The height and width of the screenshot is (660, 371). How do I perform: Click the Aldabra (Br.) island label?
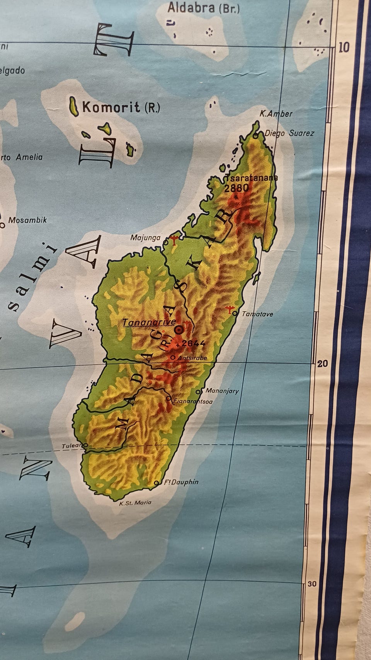pyautogui.click(x=203, y=8)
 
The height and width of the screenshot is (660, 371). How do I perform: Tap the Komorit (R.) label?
pyautogui.click(x=121, y=107)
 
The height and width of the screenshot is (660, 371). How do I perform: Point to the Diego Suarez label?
pyautogui.click(x=289, y=133)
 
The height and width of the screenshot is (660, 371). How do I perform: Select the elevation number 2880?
pyautogui.click(x=237, y=188)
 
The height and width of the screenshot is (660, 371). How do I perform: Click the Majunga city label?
pyautogui.click(x=145, y=237)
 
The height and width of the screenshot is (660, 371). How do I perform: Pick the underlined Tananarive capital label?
pyautogui.click(x=149, y=322)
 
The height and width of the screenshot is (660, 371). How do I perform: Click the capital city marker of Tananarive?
pyautogui.click(x=179, y=330)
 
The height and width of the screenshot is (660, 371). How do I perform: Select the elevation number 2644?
pyautogui.click(x=193, y=343)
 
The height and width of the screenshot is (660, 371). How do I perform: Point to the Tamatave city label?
pyautogui.click(x=257, y=314)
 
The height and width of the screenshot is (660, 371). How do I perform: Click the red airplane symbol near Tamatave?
pyautogui.click(x=230, y=309)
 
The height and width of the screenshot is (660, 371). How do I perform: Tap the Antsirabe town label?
pyautogui.click(x=192, y=358)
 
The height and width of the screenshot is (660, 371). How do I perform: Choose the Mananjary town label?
pyautogui.click(x=222, y=391)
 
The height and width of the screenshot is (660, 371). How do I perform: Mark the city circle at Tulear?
pyautogui.click(x=85, y=445)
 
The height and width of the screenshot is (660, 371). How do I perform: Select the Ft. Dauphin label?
pyautogui.click(x=181, y=482)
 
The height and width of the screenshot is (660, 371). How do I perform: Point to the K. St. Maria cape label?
pyautogui.click(x=135, y=503)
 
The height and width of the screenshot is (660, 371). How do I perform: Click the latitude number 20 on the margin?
pyautogui.click(x=323, y=363)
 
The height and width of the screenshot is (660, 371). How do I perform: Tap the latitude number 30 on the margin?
pyautogui.click(x=312, y=584)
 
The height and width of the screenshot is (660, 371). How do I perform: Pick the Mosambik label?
pyautogui.click(x=27, y=220)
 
